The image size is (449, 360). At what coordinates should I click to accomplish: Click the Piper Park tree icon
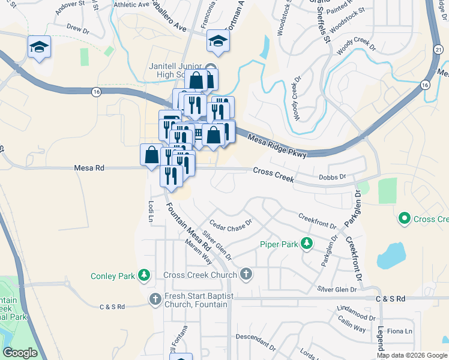click(307, 244)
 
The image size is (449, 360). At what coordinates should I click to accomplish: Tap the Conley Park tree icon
click(144, 275)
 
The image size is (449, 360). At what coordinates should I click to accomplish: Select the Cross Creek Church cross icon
click(245, 275)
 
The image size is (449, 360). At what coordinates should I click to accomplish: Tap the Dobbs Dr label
click(333, 177)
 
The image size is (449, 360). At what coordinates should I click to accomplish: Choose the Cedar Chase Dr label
click(231, 225)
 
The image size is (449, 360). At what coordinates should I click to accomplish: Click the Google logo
click(20, 353)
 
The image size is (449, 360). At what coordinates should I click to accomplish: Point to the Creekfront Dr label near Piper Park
click(317, 220)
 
